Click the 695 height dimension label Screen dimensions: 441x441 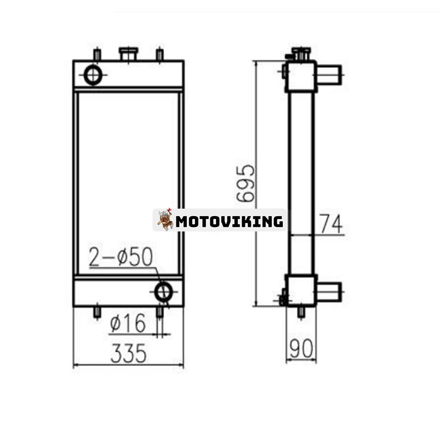pos(245,183)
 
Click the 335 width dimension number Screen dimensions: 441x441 pos(128,353)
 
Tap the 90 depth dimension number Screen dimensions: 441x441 pos(301,348)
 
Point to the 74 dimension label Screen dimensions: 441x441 pos(331,224)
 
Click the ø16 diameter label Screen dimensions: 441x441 pos(128,323)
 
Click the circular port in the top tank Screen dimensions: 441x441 pos(93,75)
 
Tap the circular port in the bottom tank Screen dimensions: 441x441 pos(164,292)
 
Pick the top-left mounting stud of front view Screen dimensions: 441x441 pos(97,54)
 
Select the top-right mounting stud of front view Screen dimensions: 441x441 pos(159,54)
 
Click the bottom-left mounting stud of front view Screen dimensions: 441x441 pos(97,312)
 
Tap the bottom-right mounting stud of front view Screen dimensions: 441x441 pos(159,312)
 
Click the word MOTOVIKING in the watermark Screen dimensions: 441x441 pos(229,221)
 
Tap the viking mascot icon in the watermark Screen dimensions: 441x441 pos(165,220)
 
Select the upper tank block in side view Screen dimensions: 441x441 pos(301,77)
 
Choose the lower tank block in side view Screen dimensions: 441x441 pos(301,291)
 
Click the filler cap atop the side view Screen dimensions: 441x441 pos(301,52)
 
